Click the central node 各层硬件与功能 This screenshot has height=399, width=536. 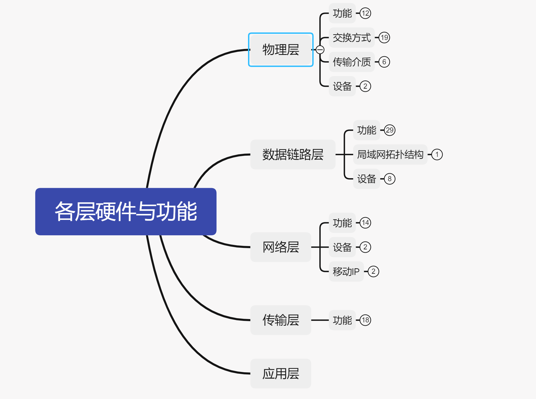tap(126, 212)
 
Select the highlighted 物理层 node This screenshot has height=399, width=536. tap(281, 50)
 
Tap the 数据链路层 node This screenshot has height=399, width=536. tap(293, 154)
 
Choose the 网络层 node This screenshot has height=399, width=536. tap(281, 247)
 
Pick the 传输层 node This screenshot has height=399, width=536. tap(281, 320)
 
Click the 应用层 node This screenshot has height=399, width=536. tap(281, 373)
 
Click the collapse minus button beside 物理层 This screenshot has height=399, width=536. tap(320, 50)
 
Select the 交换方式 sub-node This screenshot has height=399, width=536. tap(352, 38)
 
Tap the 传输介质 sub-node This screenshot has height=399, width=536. tap(352, 62)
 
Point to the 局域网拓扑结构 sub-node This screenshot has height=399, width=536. tap(390, 154)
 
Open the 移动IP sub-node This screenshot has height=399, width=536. tap(346, 272)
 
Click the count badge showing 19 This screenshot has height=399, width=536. tap(384, 38)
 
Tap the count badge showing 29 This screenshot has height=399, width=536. tap(390, 130)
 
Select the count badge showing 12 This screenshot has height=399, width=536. tap(365, 13)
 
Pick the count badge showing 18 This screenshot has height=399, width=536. tap(365, 320)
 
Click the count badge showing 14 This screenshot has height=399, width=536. tap(365, 223)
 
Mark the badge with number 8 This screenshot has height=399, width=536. tap(390, 179)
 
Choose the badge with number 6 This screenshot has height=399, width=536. tap(384, 62)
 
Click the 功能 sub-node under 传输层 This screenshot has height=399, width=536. tap(342, 320)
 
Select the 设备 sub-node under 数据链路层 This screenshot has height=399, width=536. tap(366, 179)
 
